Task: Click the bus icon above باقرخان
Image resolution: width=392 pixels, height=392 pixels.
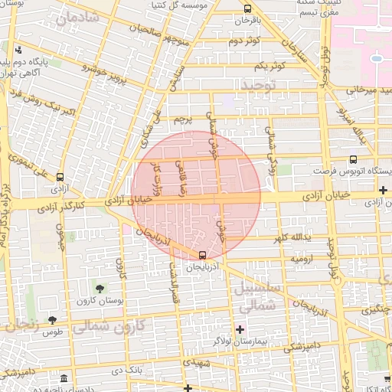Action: [x=247, y=9]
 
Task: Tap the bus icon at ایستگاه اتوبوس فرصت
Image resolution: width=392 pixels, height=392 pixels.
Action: [x=352, y=160]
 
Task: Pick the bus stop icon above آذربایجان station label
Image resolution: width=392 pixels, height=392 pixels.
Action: [x=202, y=255]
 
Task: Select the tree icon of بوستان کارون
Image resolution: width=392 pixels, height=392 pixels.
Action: [x=100, y=288]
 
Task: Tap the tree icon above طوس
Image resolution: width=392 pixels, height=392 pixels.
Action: [x=52, y=320]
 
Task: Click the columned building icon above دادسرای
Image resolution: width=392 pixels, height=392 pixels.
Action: [x=62, y=380]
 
